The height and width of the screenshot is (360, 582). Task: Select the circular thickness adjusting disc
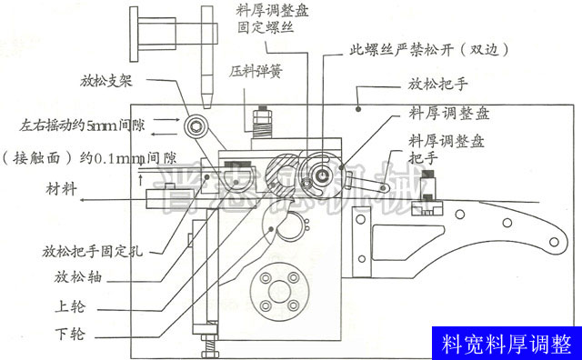(321, 169)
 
